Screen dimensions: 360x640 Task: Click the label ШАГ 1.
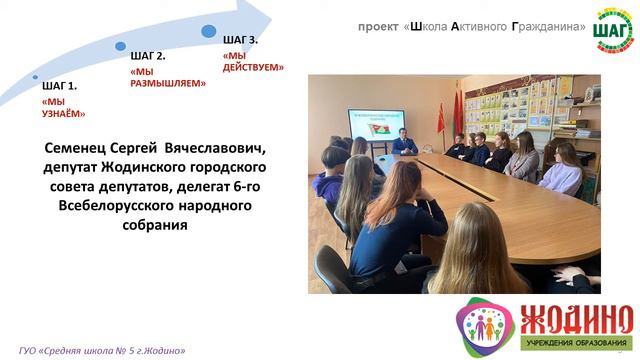[x=59, y=86]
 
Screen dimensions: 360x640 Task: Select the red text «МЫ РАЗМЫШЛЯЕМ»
[x=168, y=78]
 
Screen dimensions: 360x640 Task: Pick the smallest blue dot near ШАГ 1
[x=35, y=76]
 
